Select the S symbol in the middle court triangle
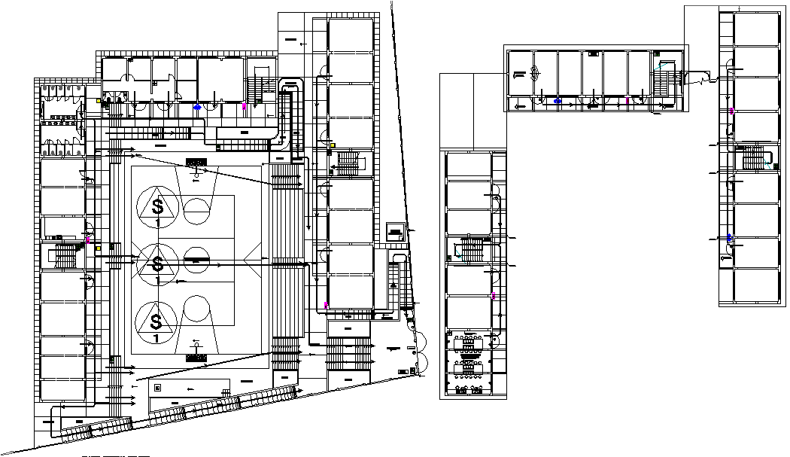[x=157, y=264]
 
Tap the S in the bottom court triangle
[x=156, y=321]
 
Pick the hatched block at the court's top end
[x=196, y=162]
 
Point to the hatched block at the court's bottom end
[x=196, y=358]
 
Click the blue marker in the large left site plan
[x=198, y=108]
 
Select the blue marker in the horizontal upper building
[x=558, y=101]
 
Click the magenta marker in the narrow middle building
[x=494, y=295]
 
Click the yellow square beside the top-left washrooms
[x=99, y=100]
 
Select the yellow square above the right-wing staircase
[x=332, y=145]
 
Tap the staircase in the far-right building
[x=752, y=159]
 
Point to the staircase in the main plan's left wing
[x=66, y=257]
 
